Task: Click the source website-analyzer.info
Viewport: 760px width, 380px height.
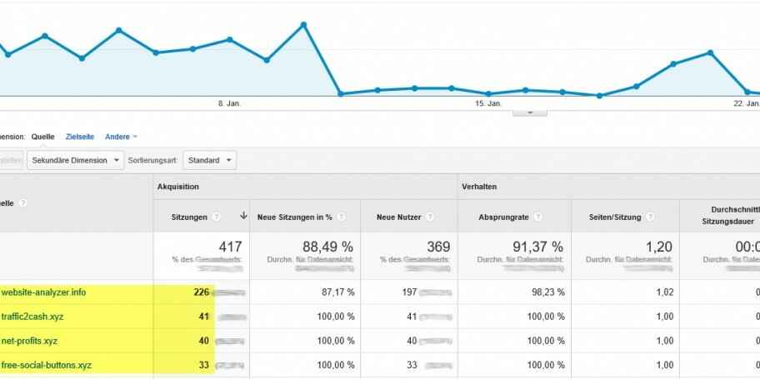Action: [x=43, y=292]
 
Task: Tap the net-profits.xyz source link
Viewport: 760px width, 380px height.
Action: [x=30, y=341]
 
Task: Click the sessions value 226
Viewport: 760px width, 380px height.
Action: [x=201, y=292]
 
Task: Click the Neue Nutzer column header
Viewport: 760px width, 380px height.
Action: [x=396, y=217]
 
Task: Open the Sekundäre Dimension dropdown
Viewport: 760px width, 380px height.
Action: [x=75, y=160]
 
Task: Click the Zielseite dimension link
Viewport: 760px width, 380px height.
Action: [x=80, y=137]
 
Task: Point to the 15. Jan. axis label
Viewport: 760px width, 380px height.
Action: [x=488, y=103]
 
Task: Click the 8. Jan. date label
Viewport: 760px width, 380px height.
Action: [x=229, y=103]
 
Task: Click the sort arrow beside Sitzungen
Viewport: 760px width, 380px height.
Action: [x=243, y=216]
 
